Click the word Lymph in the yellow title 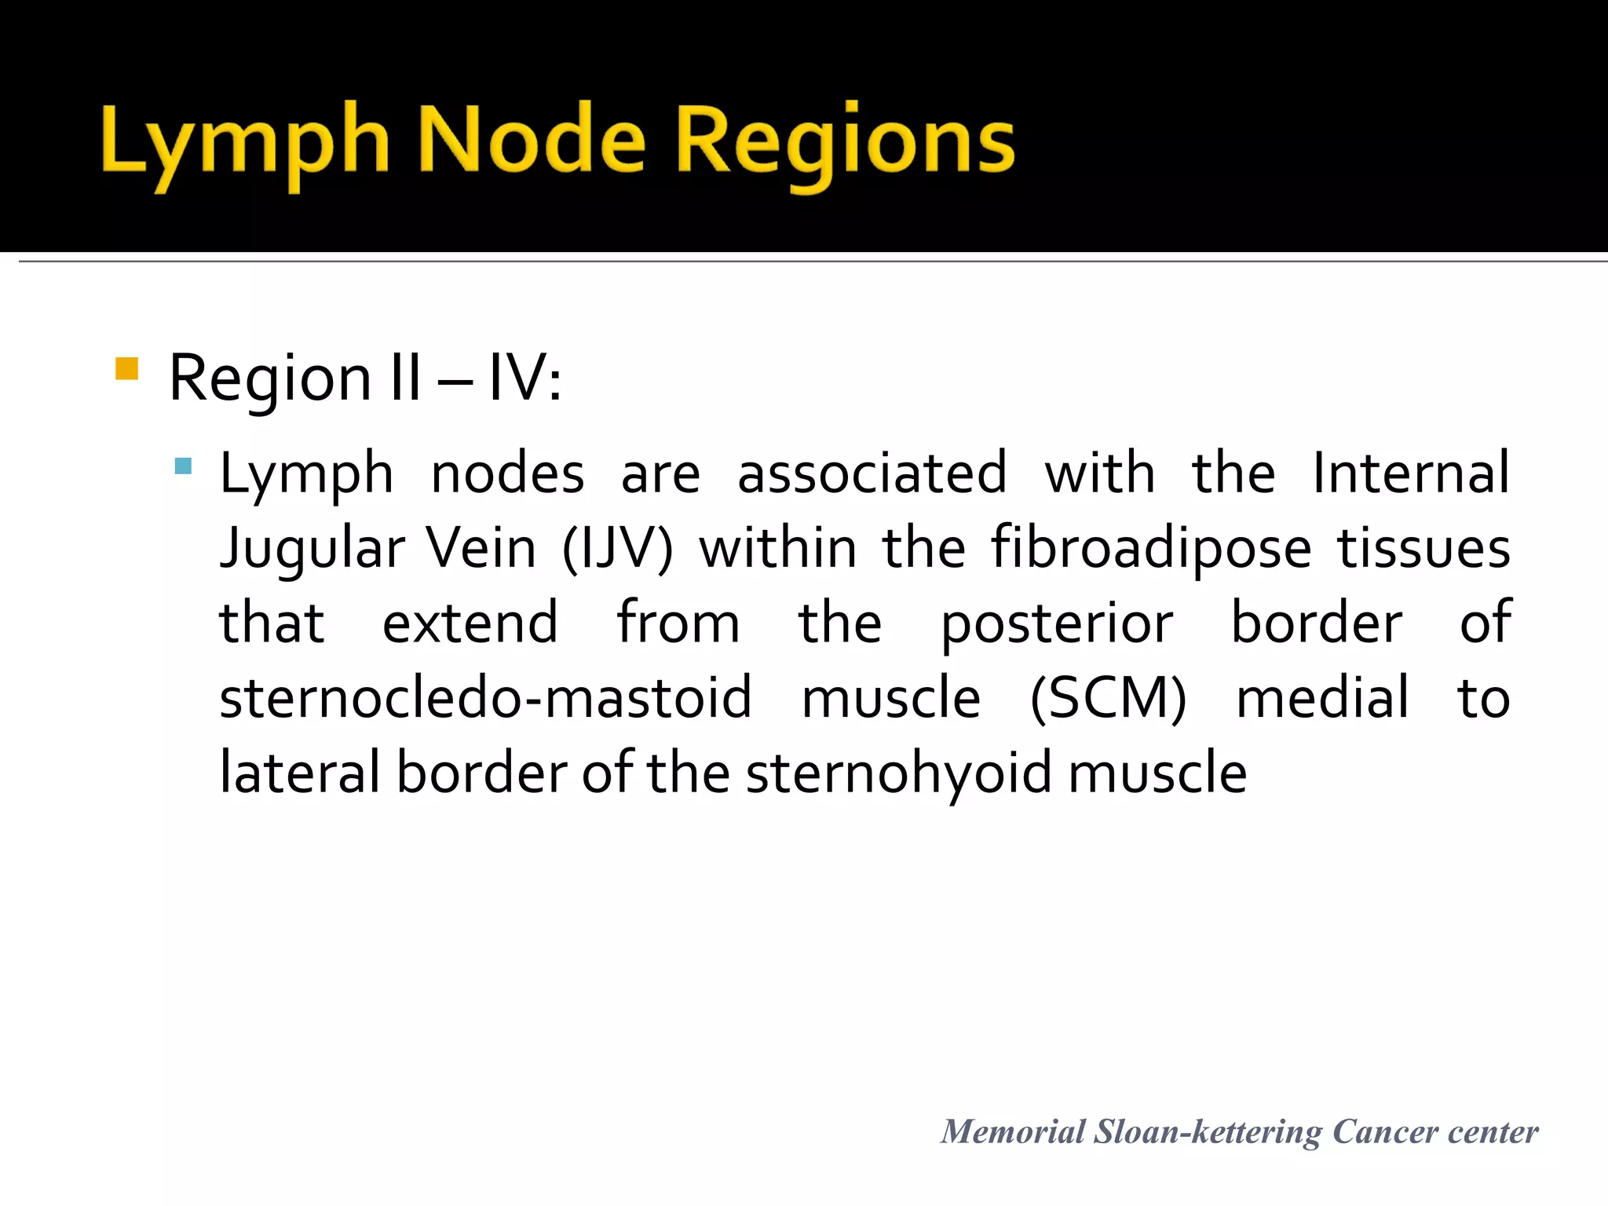(x=245, y=141)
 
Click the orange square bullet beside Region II (x=126, y=369)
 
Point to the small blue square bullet (x=184, y=466)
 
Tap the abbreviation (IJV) (x=617, y=548)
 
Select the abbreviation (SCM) (x=1108, y=697)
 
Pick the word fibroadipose (x=1151, y=548)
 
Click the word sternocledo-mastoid (x=485, y=697)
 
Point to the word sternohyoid (x=898, y=773)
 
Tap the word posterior (x=1057, y=623)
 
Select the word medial (x=1322, y=697)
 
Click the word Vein (x=481, y=548)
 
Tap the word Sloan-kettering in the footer (x=1208, y=1132)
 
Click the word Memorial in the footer (x=1013, y=1132)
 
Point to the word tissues (x=1423, y=548)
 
